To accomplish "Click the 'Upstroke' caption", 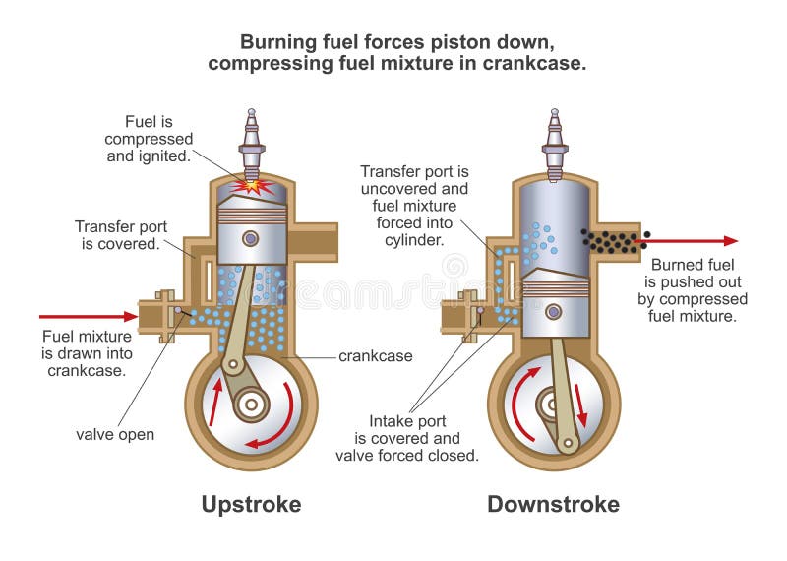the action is pos(251,505).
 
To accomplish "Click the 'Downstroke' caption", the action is pos(553,504).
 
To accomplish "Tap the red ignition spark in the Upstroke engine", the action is pos(252,186).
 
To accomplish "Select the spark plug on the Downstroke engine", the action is pos(555,145).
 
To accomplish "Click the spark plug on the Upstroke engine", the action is pos(252,145).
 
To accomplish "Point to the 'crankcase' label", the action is pos(376,356).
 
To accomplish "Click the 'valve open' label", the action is pos(115,434).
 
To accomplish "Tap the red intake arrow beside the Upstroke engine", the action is pos(89,316).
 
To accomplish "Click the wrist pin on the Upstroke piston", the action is pos(251,238).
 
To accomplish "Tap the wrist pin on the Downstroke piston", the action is pos(554,312).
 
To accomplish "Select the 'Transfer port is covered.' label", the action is pos(121,235).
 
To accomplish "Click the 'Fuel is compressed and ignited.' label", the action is pos(149,139).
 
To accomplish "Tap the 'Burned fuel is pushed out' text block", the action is pos(693,290).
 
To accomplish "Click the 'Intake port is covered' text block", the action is pos(407,438).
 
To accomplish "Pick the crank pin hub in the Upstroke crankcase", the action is pos(251,405).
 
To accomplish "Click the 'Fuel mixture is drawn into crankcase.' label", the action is pos(87,353).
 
